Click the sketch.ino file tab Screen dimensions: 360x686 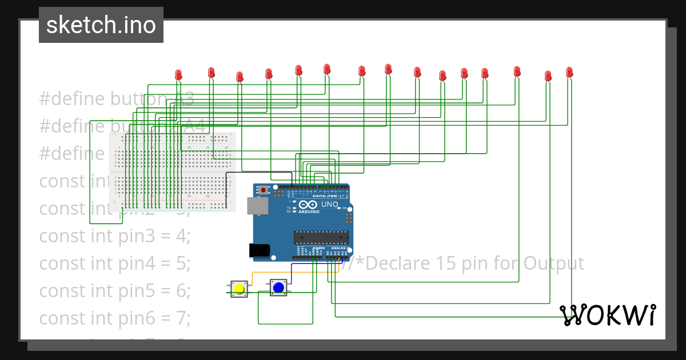(101, 25)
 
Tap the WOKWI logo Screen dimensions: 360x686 (607, 315)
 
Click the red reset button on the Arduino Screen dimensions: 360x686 (263, 190)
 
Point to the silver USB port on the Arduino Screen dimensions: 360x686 (257, 206)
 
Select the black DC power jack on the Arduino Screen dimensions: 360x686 (259, 250)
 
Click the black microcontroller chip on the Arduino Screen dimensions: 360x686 (321, 237)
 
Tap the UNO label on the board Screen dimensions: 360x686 (330, 205)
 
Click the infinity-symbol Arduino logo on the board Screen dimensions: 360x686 (307, 205)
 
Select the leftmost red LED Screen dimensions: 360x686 (178, 74)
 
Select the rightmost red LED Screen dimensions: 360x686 (569, 72)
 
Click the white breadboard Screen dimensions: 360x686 (172, 172)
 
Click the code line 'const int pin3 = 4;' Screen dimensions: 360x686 (114, 236)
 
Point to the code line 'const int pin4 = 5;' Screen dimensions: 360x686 (114, 263)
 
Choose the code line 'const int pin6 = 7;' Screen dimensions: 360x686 (114, 318)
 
